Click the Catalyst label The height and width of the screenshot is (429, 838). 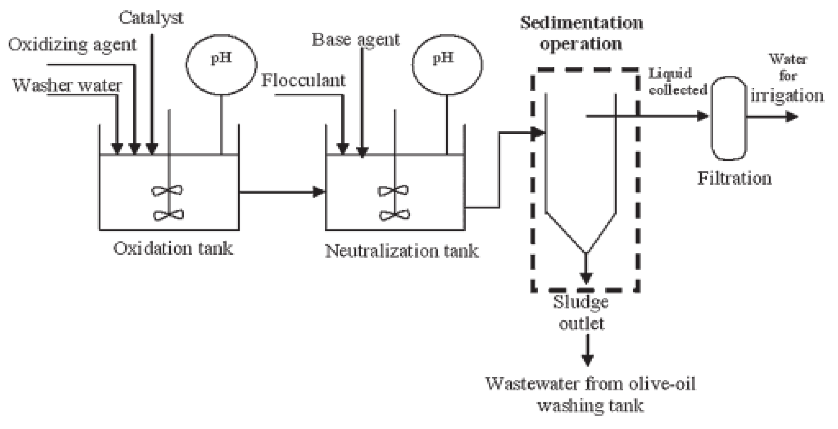coord(151,17)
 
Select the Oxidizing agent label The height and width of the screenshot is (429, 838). coord(72,45)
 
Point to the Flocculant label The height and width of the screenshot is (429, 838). coord(303,80)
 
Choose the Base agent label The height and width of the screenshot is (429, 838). coord(356,40)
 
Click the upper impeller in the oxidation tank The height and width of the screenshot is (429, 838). coord(167,191)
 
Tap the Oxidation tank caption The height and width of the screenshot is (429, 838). coord(173,249)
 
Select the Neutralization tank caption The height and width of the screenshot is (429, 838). coord(402,251)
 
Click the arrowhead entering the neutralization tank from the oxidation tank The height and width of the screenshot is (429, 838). coord(319,192)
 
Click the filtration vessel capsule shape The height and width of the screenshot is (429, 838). coord(729,118)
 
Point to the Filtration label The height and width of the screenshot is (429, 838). coord(735,178)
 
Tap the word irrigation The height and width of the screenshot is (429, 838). coord(787,96)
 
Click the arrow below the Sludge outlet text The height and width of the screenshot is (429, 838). coord(587,353)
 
